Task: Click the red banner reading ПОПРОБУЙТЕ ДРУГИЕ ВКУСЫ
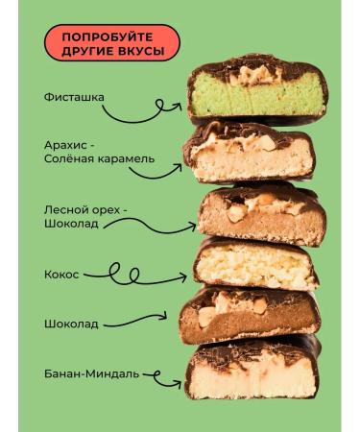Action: [111, 43]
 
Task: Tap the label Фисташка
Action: [74, 97]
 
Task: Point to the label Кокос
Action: [60, 273]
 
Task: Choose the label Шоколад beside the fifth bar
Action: [70, 324]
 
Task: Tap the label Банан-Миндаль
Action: [91, 372]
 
